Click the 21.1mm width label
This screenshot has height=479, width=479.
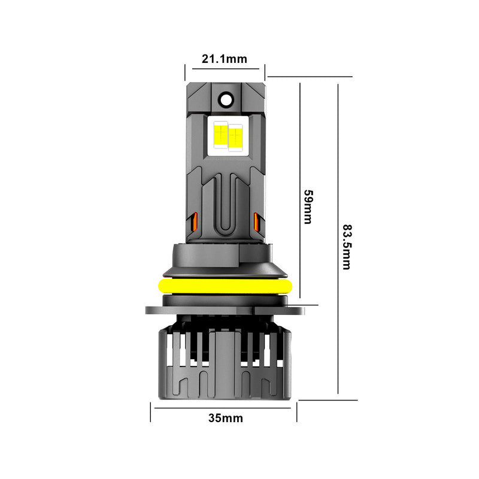coord(225,59)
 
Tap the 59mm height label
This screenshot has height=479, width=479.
coord(308,207)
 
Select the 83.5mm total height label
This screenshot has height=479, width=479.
coord(347,247)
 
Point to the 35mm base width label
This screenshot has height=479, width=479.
coord(225,418)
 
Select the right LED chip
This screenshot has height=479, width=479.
coord(235,136)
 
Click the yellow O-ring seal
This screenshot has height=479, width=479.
coord(226,286)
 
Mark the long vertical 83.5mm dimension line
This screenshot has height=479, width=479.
coord(338,239)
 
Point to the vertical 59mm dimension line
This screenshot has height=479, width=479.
coord(300,192)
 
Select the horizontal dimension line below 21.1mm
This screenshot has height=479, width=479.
coord(225,69)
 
